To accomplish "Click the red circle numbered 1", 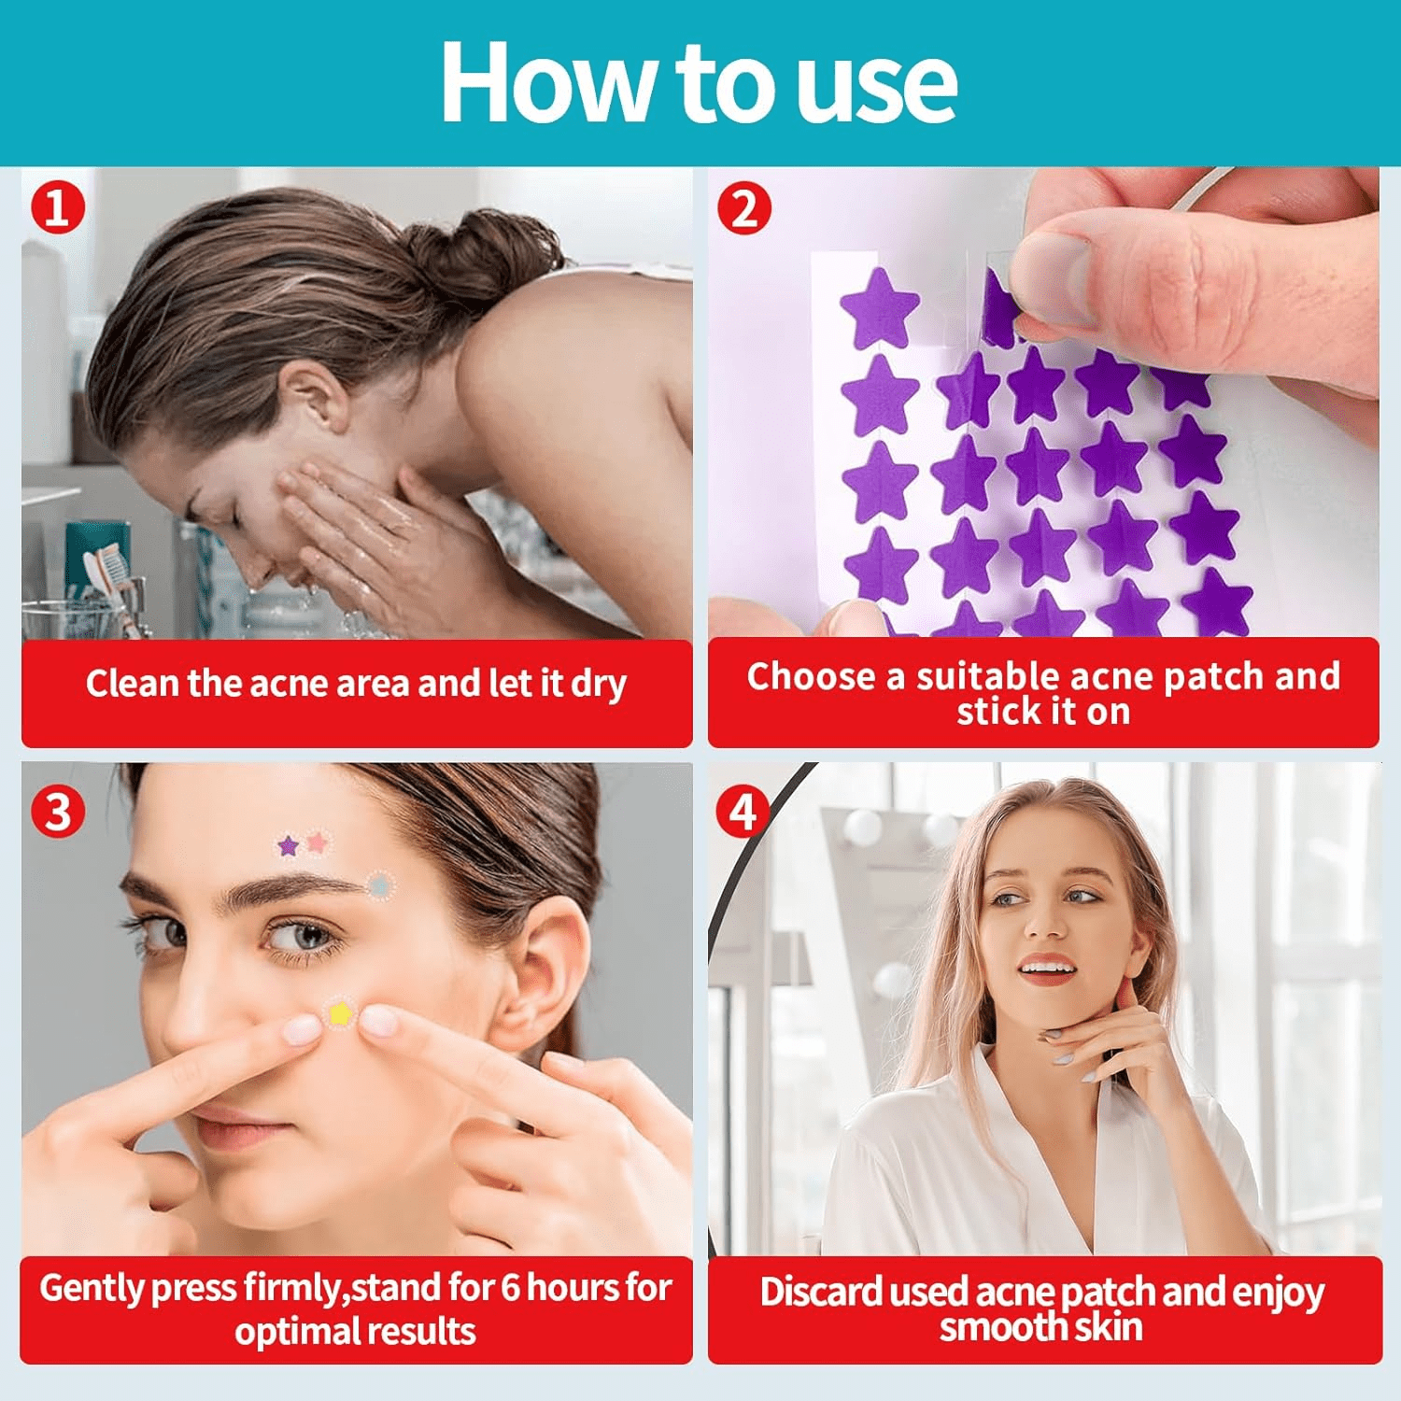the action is [58, 206].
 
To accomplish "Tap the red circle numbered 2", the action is [743, 206].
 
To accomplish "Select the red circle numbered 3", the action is [58, 811].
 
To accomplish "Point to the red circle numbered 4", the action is [743, 811].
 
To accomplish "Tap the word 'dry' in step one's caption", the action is [598, 685].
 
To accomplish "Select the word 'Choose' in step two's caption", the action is [811, 675].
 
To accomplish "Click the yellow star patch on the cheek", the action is [339, 1012].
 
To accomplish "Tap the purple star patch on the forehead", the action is [289, 846].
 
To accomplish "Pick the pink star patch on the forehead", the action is [318, 842].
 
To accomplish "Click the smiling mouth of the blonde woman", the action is [1046, 969].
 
